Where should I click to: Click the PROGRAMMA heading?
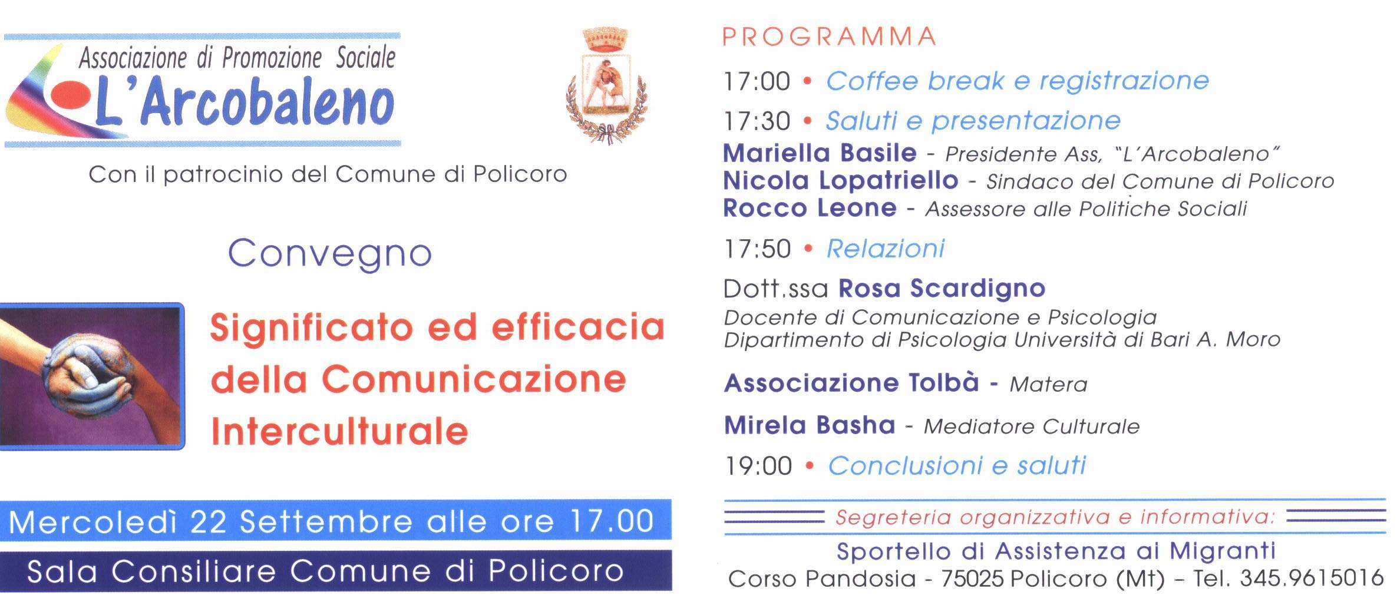pos(829,37)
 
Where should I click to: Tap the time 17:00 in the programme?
pos(757,81)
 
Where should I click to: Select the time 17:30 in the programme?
pos(757,121)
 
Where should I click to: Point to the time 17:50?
pos(757,249)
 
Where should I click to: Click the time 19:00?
pos(758,466)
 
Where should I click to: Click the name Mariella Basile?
pos(820,153)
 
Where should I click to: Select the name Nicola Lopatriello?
pos(840,181)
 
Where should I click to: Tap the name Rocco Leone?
pos(810,208)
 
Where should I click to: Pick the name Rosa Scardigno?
pos(942,289)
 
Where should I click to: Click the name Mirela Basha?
pos(810,425)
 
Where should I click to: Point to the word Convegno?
pos(330,254)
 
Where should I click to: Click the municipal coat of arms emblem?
pos(605,85)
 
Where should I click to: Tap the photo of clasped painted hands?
pos(92,376)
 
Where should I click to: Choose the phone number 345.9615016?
pos(1312,578)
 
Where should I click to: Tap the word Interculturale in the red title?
pos(339,432)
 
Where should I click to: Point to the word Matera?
pos(1048,385)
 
